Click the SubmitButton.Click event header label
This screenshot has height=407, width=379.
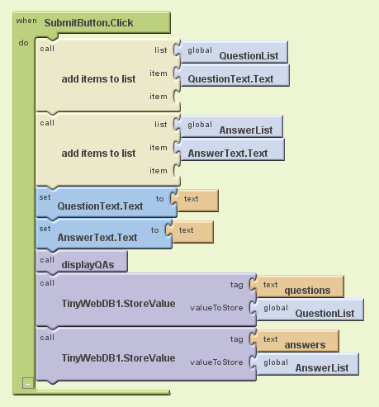[x=88, y=23]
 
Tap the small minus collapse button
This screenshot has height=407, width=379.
[x=28, y=383]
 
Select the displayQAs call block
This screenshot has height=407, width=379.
[x=82, y=262]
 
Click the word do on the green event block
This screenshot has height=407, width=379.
[x=23, y=43]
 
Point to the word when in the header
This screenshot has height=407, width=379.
[x=26, y=21]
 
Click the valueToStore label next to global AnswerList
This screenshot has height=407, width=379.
[x=216, y=362]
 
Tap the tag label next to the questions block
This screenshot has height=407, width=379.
[x=237, y=285]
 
